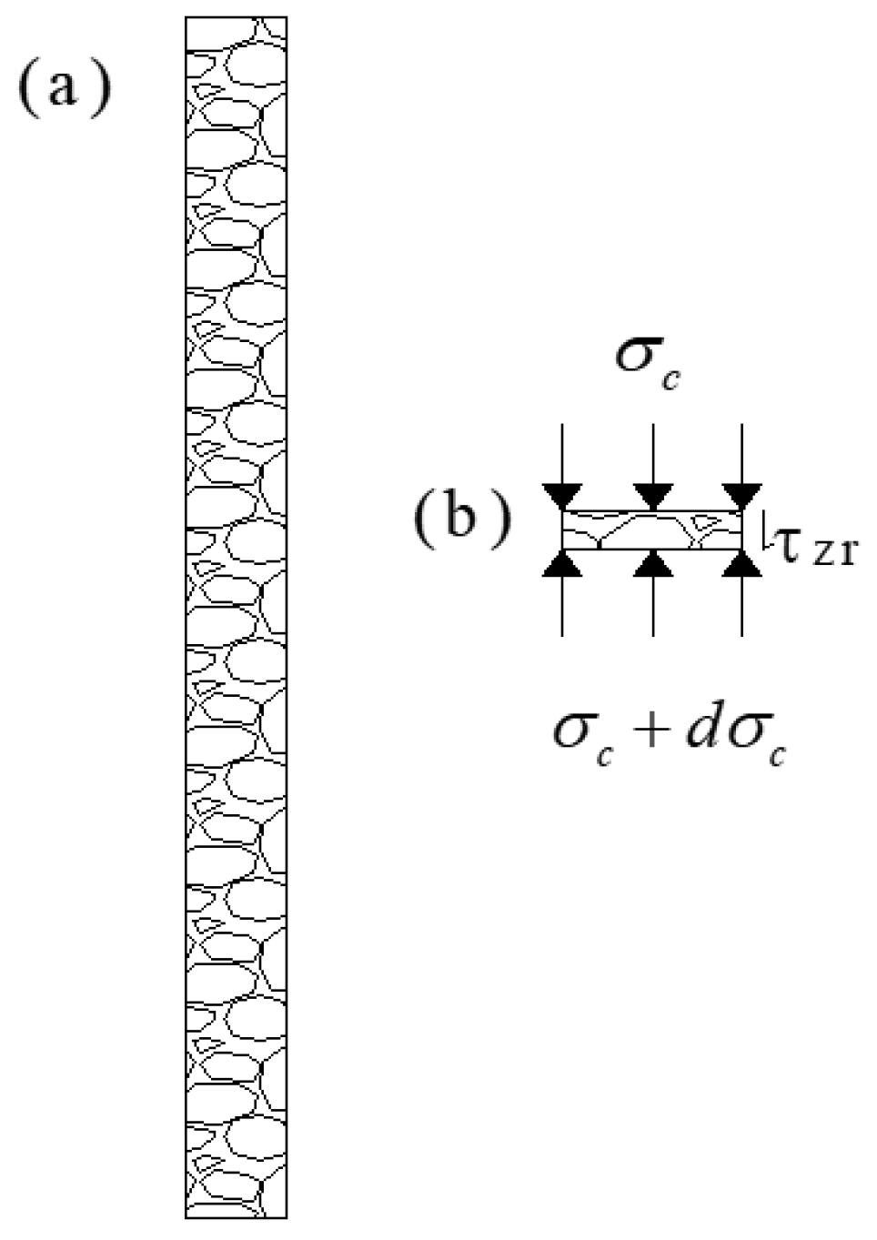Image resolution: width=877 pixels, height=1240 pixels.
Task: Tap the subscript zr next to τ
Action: click(834, 552)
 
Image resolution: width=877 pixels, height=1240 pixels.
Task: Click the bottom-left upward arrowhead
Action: click(561, 565)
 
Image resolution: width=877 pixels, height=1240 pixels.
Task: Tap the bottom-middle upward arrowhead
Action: click(652, 565)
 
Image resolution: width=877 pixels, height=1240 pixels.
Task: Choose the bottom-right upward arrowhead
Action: click(744, 565)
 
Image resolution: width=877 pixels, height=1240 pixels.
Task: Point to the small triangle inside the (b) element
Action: click(706, 522)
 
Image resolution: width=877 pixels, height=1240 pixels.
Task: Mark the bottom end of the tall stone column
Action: click(237, 1215)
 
